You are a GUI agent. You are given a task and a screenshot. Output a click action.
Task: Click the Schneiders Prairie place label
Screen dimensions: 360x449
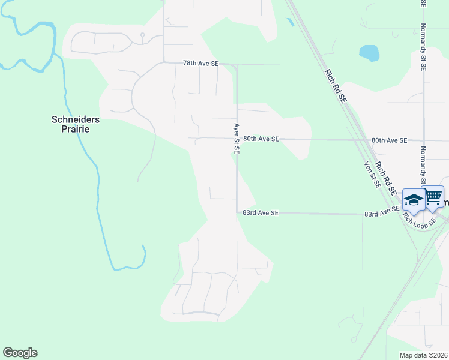[75, 124]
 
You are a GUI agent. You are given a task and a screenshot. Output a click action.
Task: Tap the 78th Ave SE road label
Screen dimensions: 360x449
[200, 63]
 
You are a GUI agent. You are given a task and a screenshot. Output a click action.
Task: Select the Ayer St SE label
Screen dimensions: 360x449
[237, 139]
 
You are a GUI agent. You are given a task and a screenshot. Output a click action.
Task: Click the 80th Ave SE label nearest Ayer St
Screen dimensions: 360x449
[261, 139]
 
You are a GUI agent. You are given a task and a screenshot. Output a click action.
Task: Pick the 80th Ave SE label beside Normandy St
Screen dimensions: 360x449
[389, 140]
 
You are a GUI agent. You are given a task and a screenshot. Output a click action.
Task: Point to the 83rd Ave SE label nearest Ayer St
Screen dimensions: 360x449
[261, 212]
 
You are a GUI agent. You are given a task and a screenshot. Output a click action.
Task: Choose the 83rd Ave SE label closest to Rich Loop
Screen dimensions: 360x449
[382, 213]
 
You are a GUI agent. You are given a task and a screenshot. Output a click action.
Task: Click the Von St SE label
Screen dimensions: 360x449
[372, 175]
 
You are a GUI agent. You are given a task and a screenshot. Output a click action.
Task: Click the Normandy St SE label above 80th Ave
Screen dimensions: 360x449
[423, 47]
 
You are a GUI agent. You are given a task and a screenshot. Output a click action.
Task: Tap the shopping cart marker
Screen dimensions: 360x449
[433, 197]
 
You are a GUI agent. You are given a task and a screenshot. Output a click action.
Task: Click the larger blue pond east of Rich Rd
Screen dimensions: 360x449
[369, 53]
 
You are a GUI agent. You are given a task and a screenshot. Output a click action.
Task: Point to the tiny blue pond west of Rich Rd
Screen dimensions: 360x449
[291, 22]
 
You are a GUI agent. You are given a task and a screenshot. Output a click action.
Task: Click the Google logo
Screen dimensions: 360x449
[20, 353]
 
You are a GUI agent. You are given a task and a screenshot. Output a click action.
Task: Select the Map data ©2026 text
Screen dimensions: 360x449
[423, 355]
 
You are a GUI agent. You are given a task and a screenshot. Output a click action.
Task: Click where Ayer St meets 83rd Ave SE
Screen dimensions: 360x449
[237, 212]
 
